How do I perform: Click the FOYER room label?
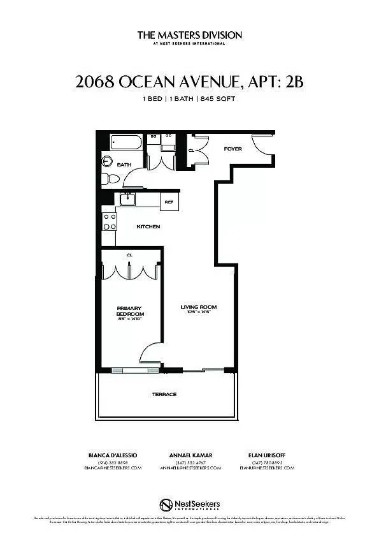coord(232,149)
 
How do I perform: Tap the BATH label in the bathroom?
coord(124,165)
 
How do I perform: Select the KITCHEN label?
coord(148,226)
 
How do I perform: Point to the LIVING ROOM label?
coord(199,307)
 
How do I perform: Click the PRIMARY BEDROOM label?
coord(130,311)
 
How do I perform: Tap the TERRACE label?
coord(164,394)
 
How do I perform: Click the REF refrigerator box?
coord(169,202)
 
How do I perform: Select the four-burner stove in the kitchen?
coord(110,221)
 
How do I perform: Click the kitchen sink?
coord(128,199)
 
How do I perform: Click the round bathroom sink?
coord(107,160)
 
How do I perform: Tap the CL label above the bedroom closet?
coord(129,254)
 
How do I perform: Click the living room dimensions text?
coord(199,312)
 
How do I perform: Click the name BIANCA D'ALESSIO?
coord(113,455)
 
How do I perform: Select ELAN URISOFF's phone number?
coord(267,462)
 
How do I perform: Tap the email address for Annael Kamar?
coord(190,468)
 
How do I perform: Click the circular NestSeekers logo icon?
coord(166,504)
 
